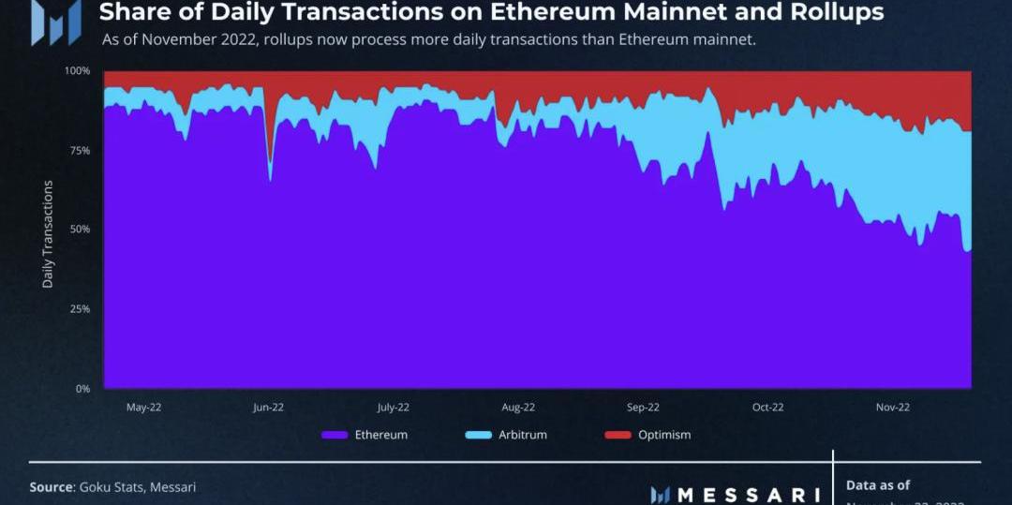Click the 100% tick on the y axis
pos(77,71)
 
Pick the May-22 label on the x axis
pos(142,408)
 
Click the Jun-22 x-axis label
pos(268,408)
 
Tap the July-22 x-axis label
pos(393,408)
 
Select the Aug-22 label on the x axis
pos(518,408)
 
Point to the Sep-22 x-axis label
pos(643,408)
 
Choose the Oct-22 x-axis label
pos(767,408)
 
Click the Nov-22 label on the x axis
pos(892,408)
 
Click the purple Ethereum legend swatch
pos(335,435)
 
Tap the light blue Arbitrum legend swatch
pos(478,435)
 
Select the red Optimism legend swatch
pos(618,435)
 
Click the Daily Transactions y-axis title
pos(48,234)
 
